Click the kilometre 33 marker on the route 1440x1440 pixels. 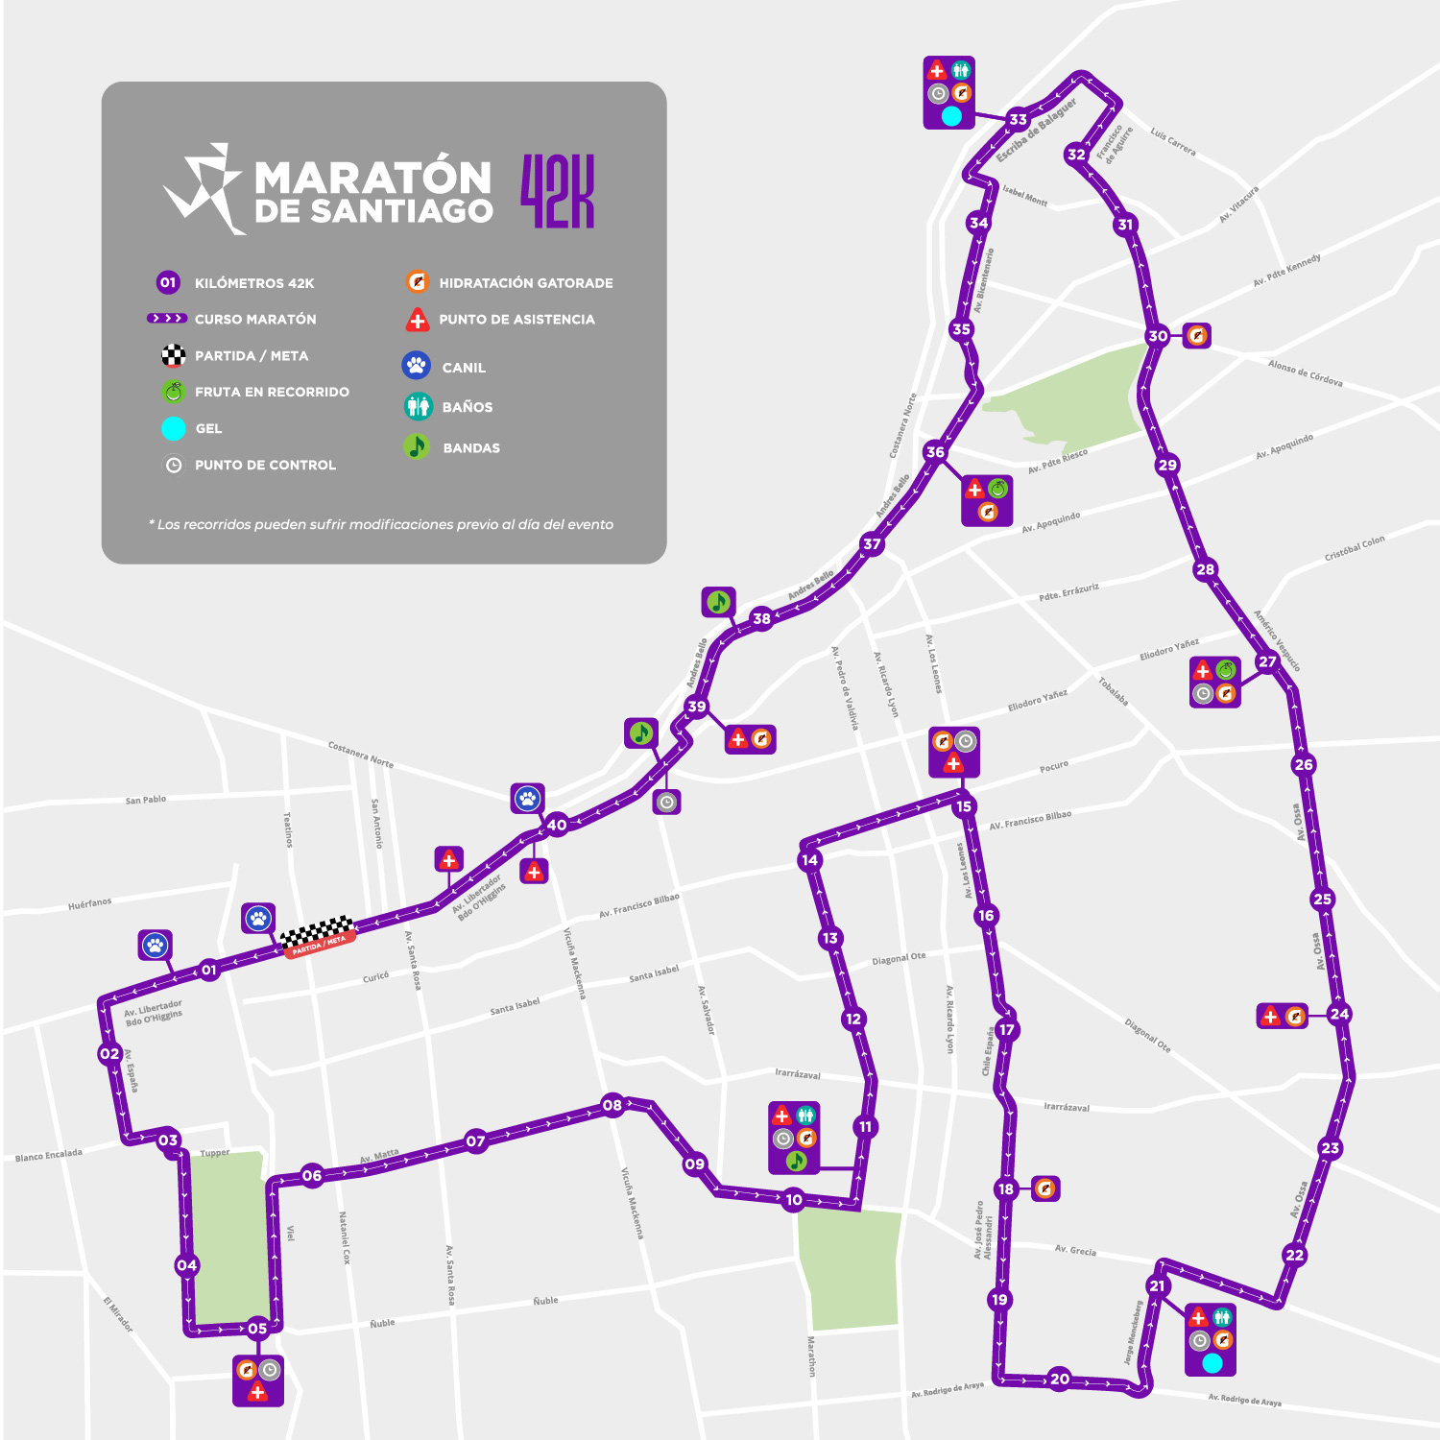click(1018, 120)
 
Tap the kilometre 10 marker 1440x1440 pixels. click(794, 1200)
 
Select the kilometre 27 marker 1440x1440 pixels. click(1268, 661)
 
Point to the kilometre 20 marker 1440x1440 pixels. click(1060, 1379)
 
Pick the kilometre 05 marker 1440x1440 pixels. click(257, 1329)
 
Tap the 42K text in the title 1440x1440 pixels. click(558, 192)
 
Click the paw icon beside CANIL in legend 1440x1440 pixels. click(416, 366)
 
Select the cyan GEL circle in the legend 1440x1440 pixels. click(174, 428)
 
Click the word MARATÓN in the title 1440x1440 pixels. click(373, 178)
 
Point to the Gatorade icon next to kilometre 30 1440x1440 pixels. click(1196, 335)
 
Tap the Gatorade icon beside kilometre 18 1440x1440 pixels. click(1045, 1188)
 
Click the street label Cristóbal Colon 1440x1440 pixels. click(1355, 548)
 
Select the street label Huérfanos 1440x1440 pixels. click(89, 903)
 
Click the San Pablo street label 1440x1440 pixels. click(146, 799)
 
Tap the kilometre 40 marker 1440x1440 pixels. click(557, 825)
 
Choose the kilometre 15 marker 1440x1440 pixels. click(964, 806)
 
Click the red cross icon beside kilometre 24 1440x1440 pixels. click(1270, 1016)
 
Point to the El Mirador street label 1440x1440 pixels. click(118, 1313)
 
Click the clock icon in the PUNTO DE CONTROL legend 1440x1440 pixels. click(174, 465)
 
